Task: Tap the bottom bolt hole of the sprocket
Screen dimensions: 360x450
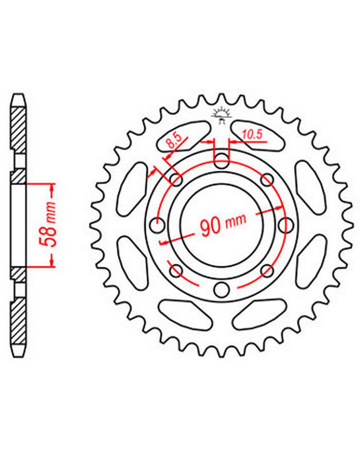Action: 221,289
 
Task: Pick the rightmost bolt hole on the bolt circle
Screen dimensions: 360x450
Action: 286,225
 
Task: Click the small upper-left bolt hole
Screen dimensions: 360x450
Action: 176,179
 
